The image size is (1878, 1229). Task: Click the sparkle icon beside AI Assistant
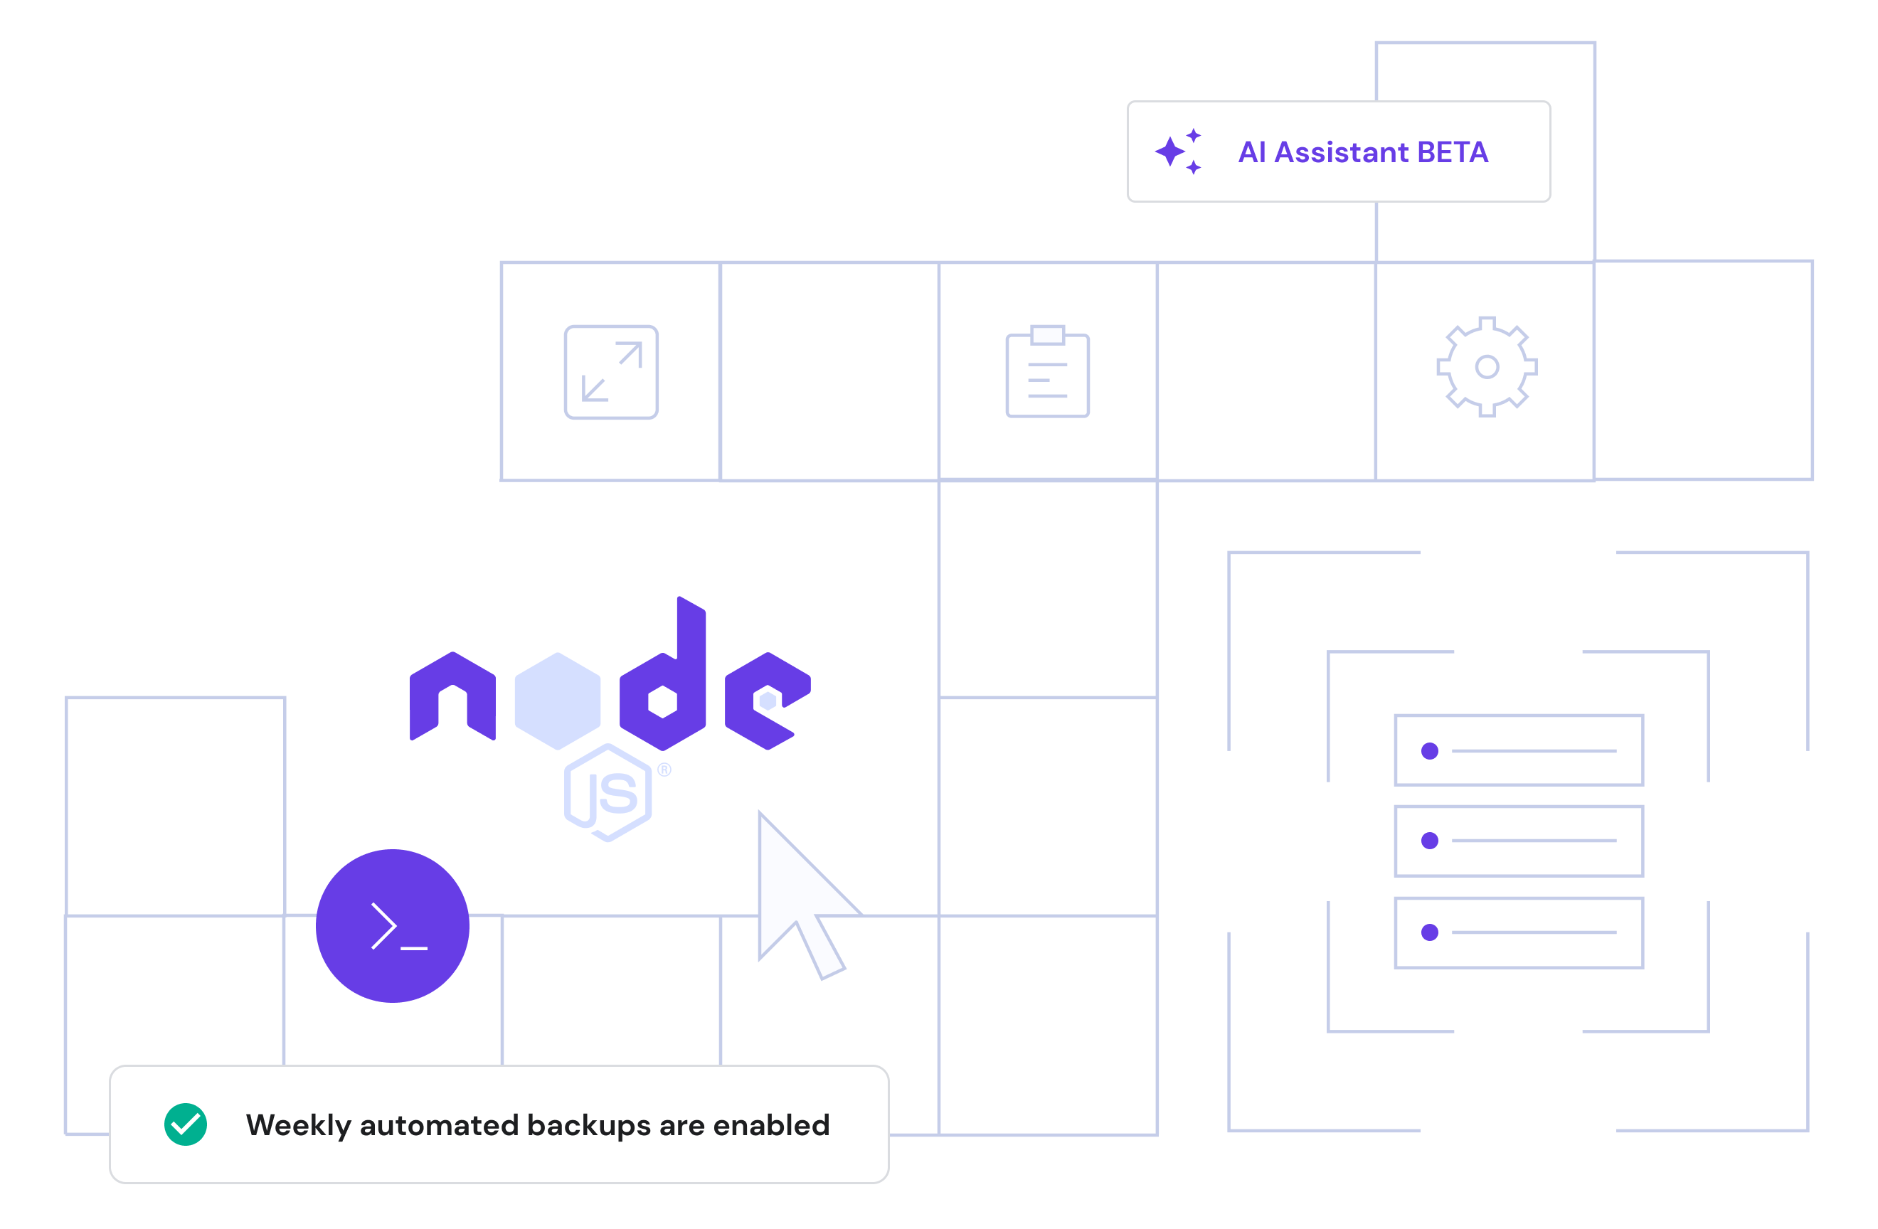(x=1178, y=151)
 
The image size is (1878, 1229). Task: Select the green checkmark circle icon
(x=186, y=1124)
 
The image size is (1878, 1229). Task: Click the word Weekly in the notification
(x=297, y=1126)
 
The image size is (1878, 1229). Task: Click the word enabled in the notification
(x=771, y=1125)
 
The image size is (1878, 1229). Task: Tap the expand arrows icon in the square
(x=612, y=371)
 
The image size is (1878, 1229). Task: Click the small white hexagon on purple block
(x=770, y=703)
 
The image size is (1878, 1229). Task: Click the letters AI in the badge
(x=1252, y=152)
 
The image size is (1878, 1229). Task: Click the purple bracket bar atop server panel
(x=1531, y=747)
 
